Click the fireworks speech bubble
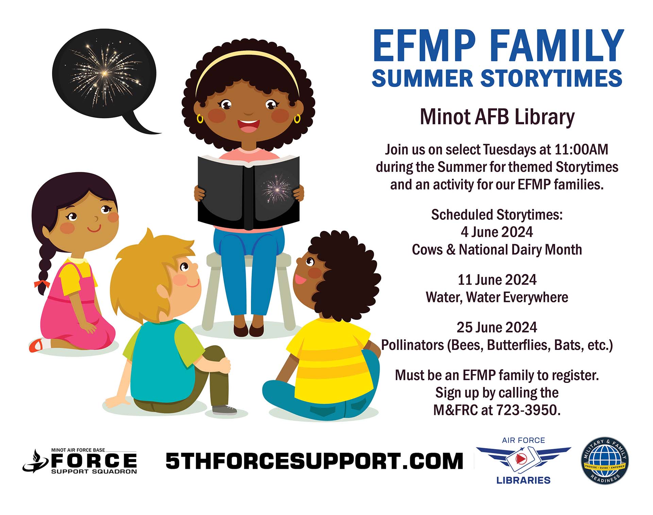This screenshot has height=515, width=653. (104, 75)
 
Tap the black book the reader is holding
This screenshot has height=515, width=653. (249, 192)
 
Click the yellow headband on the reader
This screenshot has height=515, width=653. (247, 68)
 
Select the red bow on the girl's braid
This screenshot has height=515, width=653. (41, 284)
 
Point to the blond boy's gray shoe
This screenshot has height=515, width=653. (224, 410)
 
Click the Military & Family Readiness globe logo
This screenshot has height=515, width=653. (605, 461)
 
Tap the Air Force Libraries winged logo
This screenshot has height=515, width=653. (523, 460)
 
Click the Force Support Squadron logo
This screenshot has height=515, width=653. (80, 461)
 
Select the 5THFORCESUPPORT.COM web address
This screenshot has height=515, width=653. (314, 461)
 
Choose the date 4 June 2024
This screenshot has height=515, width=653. (497, 232)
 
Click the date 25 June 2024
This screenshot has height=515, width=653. (497, 327)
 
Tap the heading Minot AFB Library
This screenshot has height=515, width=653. (497, 117)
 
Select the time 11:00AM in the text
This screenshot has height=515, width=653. (581, 149)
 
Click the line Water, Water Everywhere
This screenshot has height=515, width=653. (497, 297)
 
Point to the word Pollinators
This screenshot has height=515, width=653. (413, 345)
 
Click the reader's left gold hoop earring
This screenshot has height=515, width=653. (200, 119)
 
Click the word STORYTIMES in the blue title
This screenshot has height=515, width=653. (551, 78)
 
